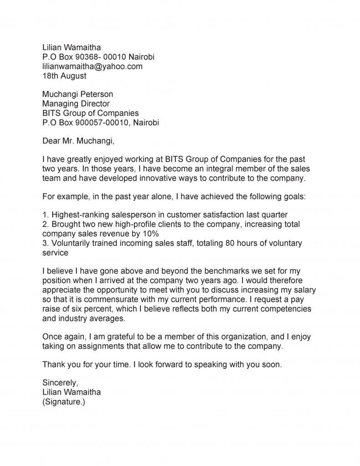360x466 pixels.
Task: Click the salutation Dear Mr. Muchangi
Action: click(78, 141)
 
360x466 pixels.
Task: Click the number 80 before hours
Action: click(211, 243)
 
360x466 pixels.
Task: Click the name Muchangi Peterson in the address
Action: click(77, 94)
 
